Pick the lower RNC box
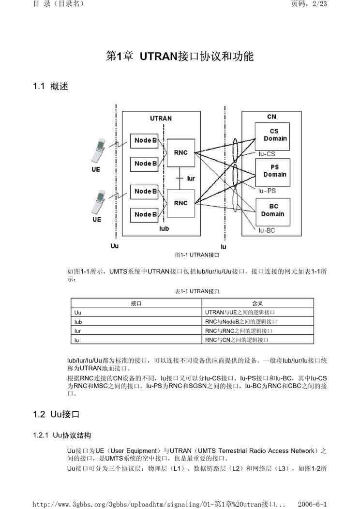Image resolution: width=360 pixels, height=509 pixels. [x=180, y=203]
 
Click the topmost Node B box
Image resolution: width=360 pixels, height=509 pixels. [x=146, y=140]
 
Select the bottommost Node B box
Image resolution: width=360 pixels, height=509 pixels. [x=146, y=214]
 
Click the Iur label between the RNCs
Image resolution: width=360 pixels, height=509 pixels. [x=191, y=179]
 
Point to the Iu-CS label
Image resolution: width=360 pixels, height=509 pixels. [x=267, y=154]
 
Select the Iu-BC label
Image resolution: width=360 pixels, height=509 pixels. [x=267, y=231]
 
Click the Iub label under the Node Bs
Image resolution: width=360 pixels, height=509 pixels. [x=164, y=228]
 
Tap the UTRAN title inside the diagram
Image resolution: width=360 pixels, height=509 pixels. [x=161, y=118]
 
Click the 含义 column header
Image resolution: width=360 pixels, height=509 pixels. [x=257, y=303]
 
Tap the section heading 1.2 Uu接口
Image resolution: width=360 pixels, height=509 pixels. [x=56, y=414]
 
